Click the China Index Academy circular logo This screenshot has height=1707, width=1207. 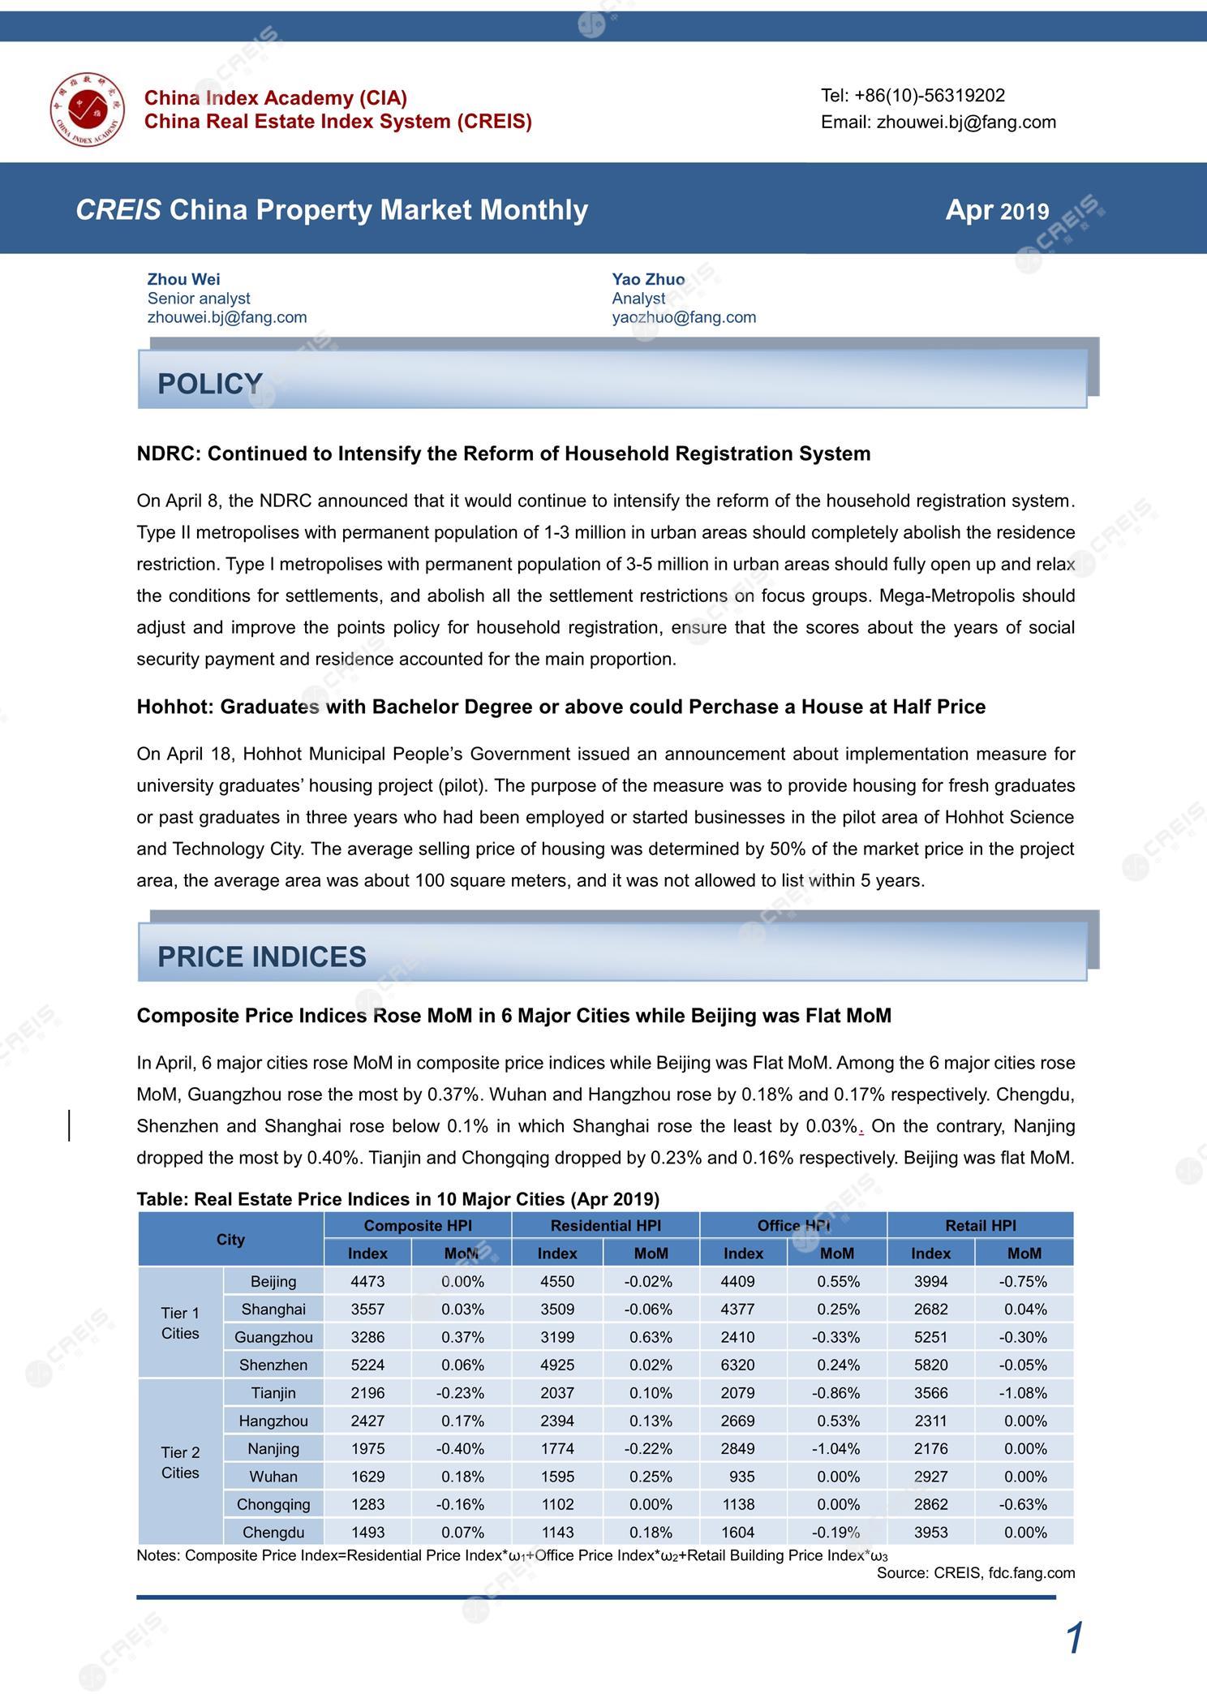click(86, 110)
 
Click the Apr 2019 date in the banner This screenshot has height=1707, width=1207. click(997, 210)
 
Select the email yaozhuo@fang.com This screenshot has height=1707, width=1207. click(684, 317)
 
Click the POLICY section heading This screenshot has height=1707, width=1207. click(209, 383)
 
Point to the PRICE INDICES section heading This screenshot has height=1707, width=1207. click(261, 957)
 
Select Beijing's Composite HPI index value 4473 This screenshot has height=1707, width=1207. click(367, 1282)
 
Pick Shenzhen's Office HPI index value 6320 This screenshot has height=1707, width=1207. click(737, 1365)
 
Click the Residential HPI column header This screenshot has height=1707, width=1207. click(605, 1226)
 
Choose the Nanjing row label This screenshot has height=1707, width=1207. click(273, 1448)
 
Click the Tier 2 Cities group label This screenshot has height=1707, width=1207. click(180, 1462)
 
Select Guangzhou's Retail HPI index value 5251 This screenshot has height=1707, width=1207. click(930, 1337)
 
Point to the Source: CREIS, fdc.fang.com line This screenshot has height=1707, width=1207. click(975, 1573)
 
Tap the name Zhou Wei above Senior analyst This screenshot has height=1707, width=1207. click(183, 279)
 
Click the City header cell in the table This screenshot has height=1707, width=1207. click(230, 1240)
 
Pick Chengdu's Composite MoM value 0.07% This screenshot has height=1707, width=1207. click(462, 1533)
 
